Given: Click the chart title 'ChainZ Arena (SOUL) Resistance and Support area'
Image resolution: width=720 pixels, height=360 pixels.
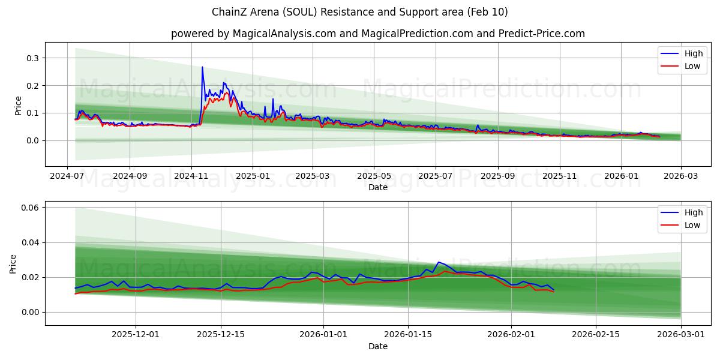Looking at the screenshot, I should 360,12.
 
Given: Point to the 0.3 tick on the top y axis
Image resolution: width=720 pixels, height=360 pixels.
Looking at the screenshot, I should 31,58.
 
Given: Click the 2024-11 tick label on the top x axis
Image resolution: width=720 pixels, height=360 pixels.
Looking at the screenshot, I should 191,176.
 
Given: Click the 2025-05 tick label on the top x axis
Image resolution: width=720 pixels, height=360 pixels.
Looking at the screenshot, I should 374,176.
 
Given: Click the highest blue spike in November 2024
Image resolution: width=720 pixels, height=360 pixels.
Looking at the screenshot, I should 202,67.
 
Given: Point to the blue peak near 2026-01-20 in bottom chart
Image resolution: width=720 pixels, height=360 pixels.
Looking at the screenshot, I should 439,262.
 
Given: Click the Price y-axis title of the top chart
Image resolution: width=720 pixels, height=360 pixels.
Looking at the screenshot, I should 18,105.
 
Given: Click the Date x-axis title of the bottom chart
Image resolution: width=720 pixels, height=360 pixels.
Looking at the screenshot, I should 378,346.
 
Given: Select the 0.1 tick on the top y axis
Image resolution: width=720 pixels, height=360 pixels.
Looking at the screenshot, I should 31,113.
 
